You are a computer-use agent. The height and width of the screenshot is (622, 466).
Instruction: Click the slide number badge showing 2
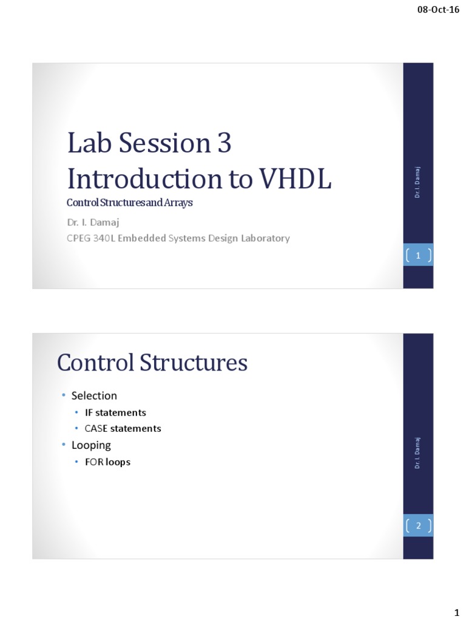[418, 526]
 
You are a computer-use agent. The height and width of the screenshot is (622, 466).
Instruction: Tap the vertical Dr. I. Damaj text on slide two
[418, 453]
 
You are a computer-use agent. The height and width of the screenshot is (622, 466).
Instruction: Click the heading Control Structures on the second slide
[152, 363]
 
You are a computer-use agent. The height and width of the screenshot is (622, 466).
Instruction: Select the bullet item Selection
[94, 395]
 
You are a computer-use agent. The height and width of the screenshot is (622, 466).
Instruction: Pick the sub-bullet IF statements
[115, 412]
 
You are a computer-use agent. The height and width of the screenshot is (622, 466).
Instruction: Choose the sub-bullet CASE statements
[123, 428]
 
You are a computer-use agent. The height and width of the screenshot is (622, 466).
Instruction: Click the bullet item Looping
[91, 445]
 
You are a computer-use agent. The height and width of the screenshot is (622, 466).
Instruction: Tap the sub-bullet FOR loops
[107, 462]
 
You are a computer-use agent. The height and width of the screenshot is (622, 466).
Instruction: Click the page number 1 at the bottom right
[456, 610]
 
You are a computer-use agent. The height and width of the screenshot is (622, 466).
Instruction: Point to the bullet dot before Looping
[62, 445]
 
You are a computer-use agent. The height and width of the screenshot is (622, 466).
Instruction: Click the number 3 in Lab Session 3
[223, 144]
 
